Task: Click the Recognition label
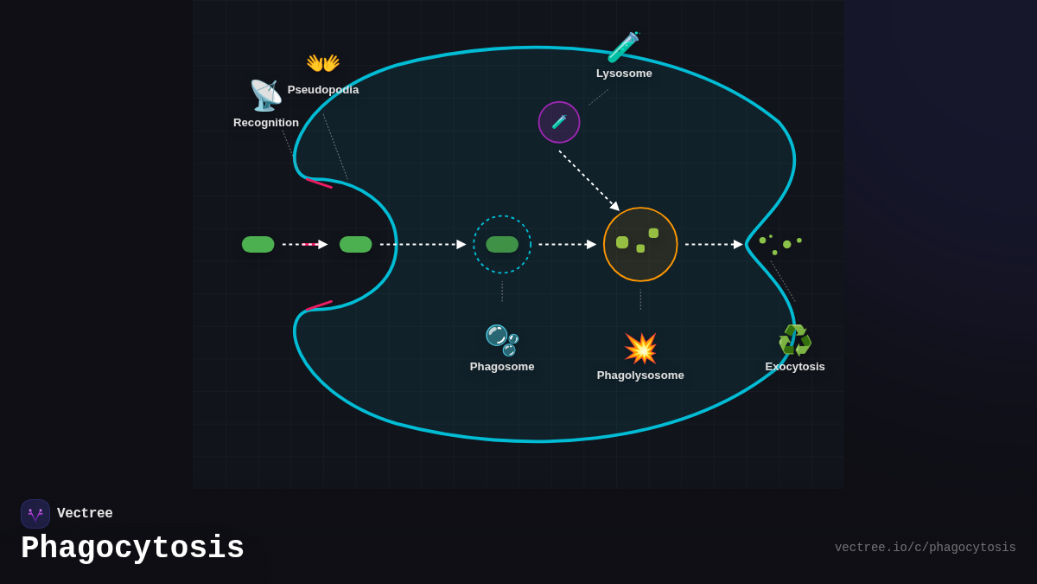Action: click(266, 123)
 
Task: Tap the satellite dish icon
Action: click(265, 95)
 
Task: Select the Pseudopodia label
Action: click(323, 90)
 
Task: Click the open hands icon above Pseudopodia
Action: click(322, 63)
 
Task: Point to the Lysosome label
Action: click(624, 74)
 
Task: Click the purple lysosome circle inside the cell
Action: click(559, 122)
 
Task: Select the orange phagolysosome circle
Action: click(640, 244)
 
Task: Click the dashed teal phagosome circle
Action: click(502, 244)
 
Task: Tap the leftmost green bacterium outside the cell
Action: click(258, 244)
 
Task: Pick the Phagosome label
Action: click(502, 367)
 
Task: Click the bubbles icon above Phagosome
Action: click(502, 339)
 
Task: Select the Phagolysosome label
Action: click(640, 375)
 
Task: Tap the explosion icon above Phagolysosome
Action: click(640, 348)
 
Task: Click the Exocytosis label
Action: click(795, 367)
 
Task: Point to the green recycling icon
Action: click(795, 340)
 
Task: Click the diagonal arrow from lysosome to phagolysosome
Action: click(588, 180)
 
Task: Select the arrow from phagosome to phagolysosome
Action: click(567, 245)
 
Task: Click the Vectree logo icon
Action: click(35, 514)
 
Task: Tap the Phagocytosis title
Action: click(132, 549)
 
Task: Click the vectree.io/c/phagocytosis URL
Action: click(925, 548)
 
